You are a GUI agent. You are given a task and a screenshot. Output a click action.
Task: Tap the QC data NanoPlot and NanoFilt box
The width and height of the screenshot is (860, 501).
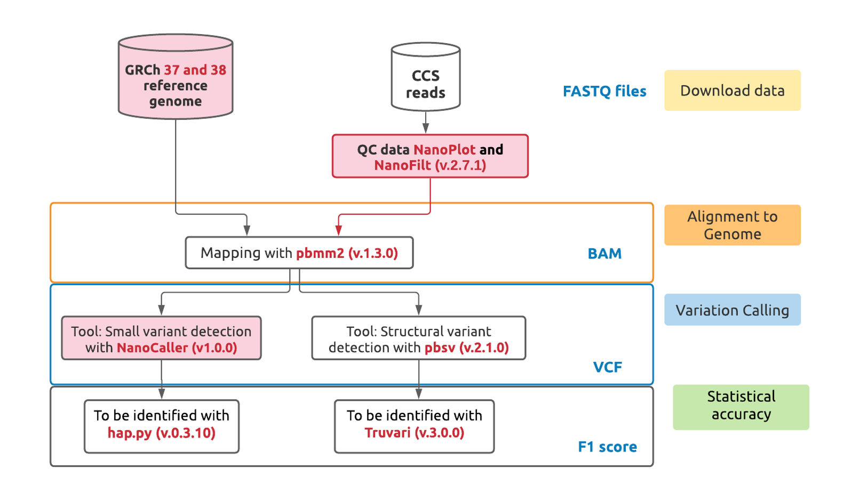click(x=430, y=156)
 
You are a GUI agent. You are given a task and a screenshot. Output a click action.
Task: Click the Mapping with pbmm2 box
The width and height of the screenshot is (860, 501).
click(x=299, y=253)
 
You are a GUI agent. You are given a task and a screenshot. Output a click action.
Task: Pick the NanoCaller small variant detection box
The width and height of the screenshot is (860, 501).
click(x=161, y=338)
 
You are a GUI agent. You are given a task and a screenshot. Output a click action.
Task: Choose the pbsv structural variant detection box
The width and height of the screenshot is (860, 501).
click(x=418, y=338)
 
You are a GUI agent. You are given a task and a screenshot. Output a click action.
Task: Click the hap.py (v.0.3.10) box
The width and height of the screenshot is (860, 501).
click(x=161, y=426)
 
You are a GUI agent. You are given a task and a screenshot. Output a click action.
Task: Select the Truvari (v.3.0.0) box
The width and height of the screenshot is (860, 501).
click(x=414, y=426)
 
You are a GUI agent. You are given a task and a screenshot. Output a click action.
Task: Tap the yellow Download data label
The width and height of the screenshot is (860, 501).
click(x=732, y=91)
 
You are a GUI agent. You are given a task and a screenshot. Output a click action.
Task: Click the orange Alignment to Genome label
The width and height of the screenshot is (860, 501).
click(x=732, y=225)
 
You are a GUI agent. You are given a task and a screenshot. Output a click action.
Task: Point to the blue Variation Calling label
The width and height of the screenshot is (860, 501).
click(x=732, y=310)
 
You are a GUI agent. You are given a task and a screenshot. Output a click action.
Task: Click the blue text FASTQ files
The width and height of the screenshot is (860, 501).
click(x=604, y=91)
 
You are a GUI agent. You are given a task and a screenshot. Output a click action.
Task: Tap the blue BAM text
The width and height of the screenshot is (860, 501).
click(x=604, y=253)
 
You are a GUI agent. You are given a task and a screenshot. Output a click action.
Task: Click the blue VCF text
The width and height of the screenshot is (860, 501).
click(x=607, y=367)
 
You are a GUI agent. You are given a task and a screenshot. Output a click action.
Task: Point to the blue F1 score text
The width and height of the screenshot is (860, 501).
click(x=607, y=447)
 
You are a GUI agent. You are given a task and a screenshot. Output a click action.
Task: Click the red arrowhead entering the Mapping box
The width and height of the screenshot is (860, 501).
click(x=339, y=230)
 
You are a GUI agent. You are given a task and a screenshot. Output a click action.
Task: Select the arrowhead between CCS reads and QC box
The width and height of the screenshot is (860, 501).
click(x=425, y=128)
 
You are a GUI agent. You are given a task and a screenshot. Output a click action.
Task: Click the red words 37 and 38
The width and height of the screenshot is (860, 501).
click(x=195, y=70)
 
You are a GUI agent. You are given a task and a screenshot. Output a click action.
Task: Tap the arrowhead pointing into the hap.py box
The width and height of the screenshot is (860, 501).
click(x=161, y=394)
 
